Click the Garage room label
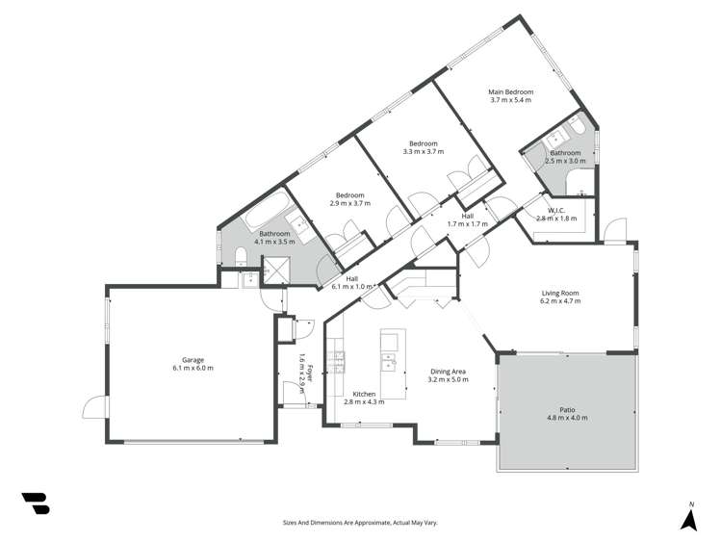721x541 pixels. click(x=193, y=360)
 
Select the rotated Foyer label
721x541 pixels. click(x=302, y=366)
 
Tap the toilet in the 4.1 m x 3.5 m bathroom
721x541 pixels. click(x=240, y=255)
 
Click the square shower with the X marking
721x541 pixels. click(x=277, y=271)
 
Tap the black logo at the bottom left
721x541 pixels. click(x=35, y=503)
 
